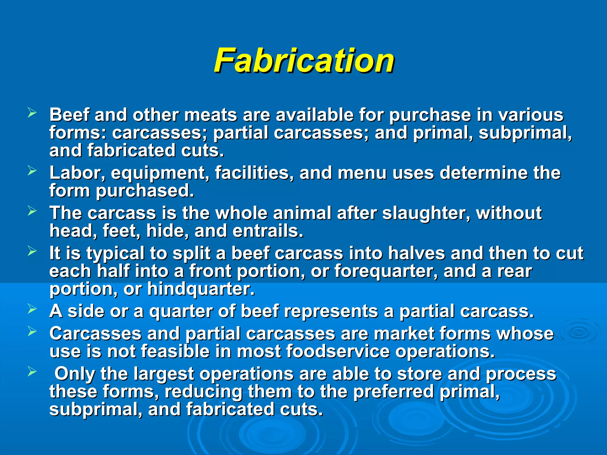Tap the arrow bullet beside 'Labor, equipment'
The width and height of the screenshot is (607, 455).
pyautogui.click(x=32, y=171)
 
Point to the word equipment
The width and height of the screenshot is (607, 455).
pyautogui.click(x=158, y=173)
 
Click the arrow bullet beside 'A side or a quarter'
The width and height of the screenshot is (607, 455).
pyautogui.click(x=32, y=309)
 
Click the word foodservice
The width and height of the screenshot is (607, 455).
pyautogui.click(x=338, y=351)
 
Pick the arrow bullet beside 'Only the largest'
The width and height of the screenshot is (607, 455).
pyautogui.click(x=32, y=371)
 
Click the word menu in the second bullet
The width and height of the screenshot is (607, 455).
pyautogui.click(x=362, y=173)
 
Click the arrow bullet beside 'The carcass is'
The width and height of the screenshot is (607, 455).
pyautogui.click(x=32, y=211)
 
